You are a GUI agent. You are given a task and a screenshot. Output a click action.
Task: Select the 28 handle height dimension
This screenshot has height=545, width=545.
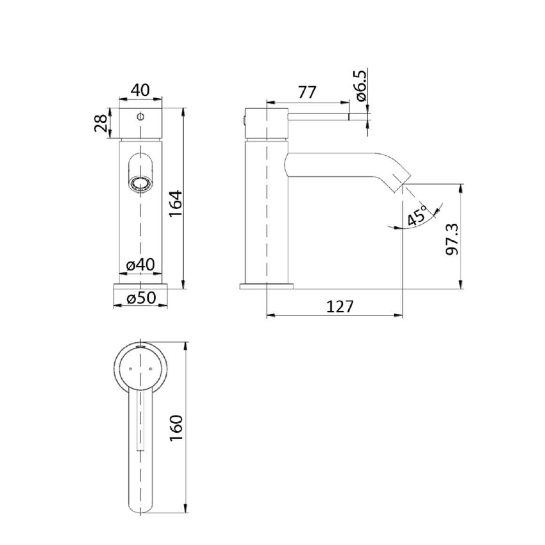pos(101,123)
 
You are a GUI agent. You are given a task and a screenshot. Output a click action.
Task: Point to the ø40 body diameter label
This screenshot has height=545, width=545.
pos(139,264)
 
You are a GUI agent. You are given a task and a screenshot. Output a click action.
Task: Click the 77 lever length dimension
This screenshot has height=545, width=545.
pos(306,92)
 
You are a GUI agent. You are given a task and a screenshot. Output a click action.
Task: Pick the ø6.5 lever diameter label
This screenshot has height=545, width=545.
pos(360,86)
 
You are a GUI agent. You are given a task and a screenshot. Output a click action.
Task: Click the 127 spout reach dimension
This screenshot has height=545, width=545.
pos(339,306)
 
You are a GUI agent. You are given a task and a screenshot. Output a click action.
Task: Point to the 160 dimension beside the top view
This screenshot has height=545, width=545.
pos(177,428)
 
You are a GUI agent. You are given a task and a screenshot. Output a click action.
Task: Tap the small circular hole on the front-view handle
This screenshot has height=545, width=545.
pos(140,118)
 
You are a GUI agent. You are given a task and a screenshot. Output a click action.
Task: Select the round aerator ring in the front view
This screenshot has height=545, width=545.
pos(140,184)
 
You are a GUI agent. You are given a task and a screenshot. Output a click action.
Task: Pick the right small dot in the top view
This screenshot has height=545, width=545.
pos(149,369)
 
